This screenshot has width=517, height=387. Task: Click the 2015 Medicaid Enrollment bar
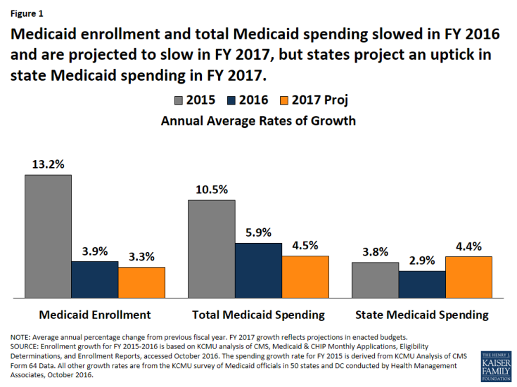[48, 235]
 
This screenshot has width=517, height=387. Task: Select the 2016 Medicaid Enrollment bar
[95, 279]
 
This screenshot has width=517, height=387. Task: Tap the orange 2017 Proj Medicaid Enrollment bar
[141, 282]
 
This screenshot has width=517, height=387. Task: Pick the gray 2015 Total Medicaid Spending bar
[211, 248]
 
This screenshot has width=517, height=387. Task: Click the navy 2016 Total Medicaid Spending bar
[258, 270]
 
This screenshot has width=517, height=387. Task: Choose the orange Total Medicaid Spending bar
[305, 276]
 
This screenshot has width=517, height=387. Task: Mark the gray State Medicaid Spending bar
[375, 280]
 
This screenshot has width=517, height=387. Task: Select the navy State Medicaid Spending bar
[421, 284]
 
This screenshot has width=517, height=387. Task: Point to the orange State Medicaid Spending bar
[468, 276]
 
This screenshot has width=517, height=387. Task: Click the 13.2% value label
[48, 164]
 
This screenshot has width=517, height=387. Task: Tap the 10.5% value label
[211, 190]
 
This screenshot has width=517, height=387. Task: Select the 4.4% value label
[468, 247]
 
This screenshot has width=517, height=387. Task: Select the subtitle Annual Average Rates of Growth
[258, 121]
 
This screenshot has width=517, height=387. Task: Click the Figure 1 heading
[29, 12]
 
